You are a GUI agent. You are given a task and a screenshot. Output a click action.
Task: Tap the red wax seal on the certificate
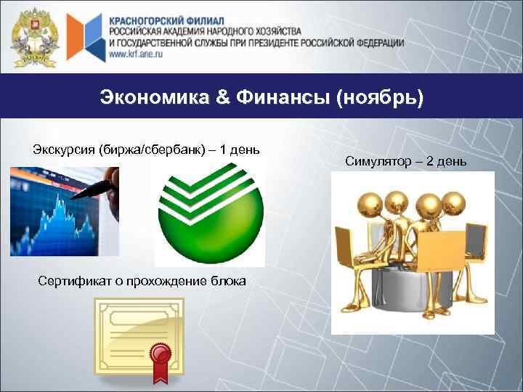click(x=159, y=356)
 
